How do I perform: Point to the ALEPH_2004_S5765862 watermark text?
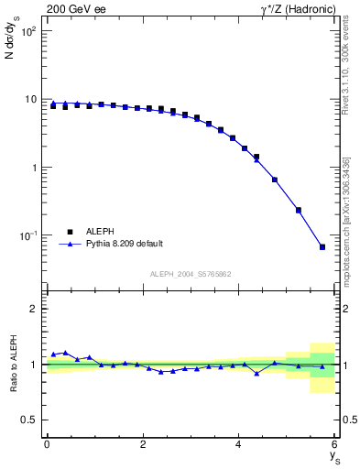tap(190, 274)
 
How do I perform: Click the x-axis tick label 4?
tap(239, 444)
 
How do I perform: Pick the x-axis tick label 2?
tap(143, 444)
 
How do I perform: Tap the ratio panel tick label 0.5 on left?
tap(29, 420)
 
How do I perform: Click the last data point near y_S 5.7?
tap(322, 246)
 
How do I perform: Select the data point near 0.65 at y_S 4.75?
tap(275, 180)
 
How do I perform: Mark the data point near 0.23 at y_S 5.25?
tap(299, 210)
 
